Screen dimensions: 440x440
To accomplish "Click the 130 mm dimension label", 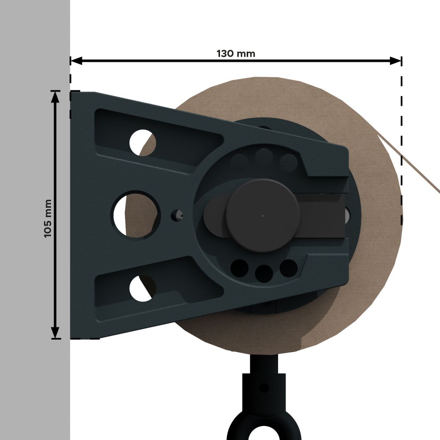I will [235, 54].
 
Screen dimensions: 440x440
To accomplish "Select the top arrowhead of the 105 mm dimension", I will [55, 96].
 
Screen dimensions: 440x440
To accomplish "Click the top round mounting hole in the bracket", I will [143, 142].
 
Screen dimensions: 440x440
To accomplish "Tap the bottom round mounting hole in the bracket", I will [142, 288].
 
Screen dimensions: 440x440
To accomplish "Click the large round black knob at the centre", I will [263, 215].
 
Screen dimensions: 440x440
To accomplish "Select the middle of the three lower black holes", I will [264, 273].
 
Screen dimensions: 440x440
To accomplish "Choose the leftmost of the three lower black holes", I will [239, 268].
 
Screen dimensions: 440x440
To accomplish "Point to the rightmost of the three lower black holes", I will [288, 268].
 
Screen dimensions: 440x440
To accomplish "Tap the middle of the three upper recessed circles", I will [264, 156].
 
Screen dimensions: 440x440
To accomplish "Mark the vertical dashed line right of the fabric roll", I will [401, 150].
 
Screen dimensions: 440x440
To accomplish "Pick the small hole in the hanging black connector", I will [264, 388].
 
